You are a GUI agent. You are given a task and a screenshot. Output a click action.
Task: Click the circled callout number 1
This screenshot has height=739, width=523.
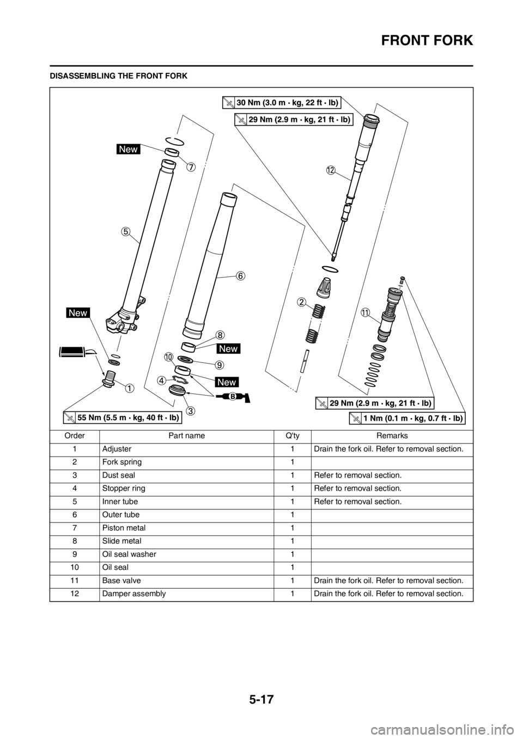tap(129, 388)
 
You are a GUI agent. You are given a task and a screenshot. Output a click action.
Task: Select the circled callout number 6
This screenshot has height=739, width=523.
tap(240, 275)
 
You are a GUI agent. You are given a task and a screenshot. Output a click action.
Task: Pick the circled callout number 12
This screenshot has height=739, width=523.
tap(330, 171)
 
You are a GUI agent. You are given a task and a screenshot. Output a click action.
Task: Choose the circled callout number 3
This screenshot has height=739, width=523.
tap(190, 409)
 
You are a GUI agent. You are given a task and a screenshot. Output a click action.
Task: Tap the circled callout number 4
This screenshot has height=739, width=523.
tap(162, 380)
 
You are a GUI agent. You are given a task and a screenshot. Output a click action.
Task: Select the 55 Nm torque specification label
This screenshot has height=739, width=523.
tap(122, 418)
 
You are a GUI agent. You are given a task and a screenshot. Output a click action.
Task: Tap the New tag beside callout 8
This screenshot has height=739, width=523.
tap(228, 348)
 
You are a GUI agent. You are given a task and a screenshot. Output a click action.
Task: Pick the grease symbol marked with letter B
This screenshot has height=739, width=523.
tap(233, 397)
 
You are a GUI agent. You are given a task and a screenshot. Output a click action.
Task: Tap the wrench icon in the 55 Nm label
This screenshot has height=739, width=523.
tap(69, 418)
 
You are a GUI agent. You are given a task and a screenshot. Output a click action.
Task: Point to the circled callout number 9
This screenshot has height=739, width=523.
tap(220, 364)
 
